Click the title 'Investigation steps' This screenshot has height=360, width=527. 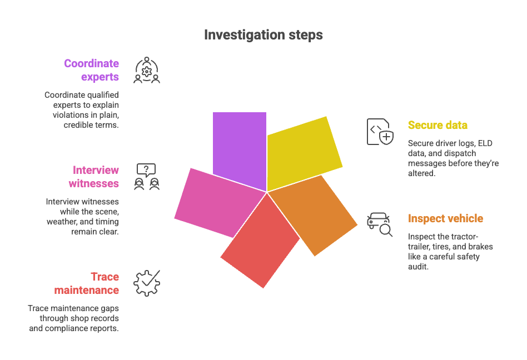point(263,35)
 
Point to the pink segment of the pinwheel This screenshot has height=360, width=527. point(214,200)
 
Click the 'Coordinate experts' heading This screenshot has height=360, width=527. point(91,70)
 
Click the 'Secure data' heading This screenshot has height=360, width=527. point(437,125)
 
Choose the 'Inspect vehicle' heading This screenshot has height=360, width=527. point(445,218)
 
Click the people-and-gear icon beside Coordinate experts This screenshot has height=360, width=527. point(147,71)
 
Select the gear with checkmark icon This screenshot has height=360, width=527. point(147,283)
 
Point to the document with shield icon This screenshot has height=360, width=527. point(380,132)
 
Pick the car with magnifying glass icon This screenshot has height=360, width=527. point(380,223)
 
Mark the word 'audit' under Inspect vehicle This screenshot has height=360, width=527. point(420,267)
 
